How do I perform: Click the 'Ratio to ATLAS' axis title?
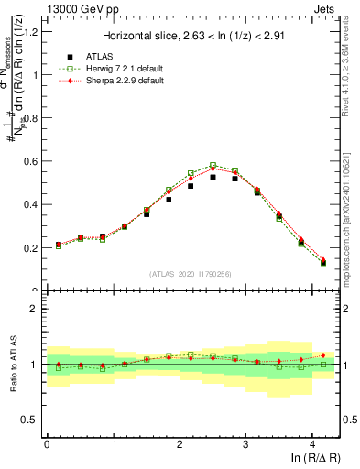tap(12, 365)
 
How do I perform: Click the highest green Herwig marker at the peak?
tap(213, 166)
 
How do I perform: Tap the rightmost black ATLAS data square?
tap(323, 263)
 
